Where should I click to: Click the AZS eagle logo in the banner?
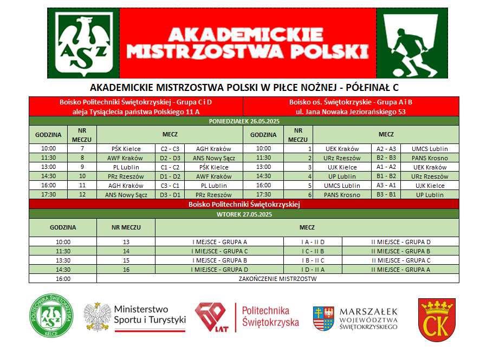point(83,43)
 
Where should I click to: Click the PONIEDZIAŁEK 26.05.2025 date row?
point(244,121)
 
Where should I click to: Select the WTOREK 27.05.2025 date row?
point(244,214)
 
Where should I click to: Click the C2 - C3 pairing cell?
point(170,149)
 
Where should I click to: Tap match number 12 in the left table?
point(82,195)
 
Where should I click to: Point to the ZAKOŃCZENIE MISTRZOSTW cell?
point(277,279)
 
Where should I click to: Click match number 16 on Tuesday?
point(126,270)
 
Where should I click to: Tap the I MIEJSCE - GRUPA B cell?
point(227,260)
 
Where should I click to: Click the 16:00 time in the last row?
point(63,279)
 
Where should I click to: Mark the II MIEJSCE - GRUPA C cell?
point(400,260)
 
